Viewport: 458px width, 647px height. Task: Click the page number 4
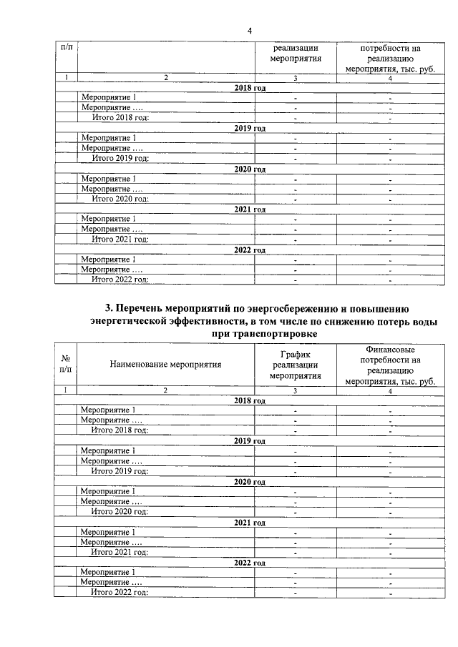click(250, 31)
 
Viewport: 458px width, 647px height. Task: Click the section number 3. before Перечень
click(109, 309)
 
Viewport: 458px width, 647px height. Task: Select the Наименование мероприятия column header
click(165, 364)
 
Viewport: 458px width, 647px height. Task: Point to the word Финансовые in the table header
click(389, 348)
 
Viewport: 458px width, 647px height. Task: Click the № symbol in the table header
click(66, 358)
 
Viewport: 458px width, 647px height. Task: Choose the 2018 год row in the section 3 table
click(250, 401)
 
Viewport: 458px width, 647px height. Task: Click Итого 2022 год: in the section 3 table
click(120, 593)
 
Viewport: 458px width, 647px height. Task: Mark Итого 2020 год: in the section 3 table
click(120, 512)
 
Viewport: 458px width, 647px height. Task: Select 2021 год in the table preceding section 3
click(250, 209)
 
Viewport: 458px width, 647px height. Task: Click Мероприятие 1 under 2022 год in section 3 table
click(108, 573)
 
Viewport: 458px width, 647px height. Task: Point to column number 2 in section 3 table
click(165, 390)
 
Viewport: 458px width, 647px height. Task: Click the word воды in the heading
click(410, 322)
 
